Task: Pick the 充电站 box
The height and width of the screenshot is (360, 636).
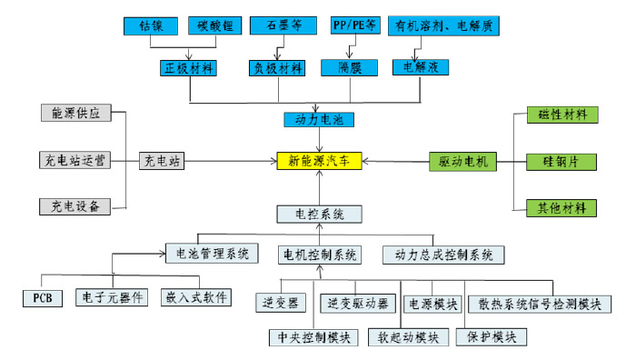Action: [x=163, y=161]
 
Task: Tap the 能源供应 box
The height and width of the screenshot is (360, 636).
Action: [x=76, y=115]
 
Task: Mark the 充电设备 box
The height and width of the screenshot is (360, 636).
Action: [x=76, y=205]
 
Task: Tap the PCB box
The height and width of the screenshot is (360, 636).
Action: [x=42, y=297]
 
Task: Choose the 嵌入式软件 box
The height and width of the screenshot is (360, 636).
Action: [x=196, y=297]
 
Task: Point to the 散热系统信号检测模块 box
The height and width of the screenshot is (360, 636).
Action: [x=539, y=304]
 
